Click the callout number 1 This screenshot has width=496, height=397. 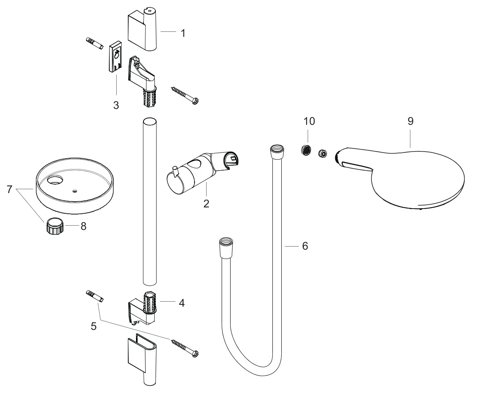pos(183,33)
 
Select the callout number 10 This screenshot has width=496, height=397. pos(309,121)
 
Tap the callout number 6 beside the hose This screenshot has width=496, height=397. pos(305,246)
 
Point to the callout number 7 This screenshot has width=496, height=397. pos(9,189)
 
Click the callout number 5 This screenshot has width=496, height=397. pos(93,326)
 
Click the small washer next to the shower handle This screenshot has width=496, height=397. pos(323,154)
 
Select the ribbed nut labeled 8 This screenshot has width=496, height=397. pos(55,226)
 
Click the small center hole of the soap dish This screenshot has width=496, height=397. pos(74,191)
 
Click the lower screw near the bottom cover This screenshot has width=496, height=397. pos(184,348)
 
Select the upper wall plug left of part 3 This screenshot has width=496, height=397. pos(95,43)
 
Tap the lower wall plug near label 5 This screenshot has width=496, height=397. pos(95,296)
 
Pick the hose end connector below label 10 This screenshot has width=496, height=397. pos(277,151)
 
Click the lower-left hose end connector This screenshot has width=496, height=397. pos(226,247)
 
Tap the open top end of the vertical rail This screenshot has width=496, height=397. pos(150,122)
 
